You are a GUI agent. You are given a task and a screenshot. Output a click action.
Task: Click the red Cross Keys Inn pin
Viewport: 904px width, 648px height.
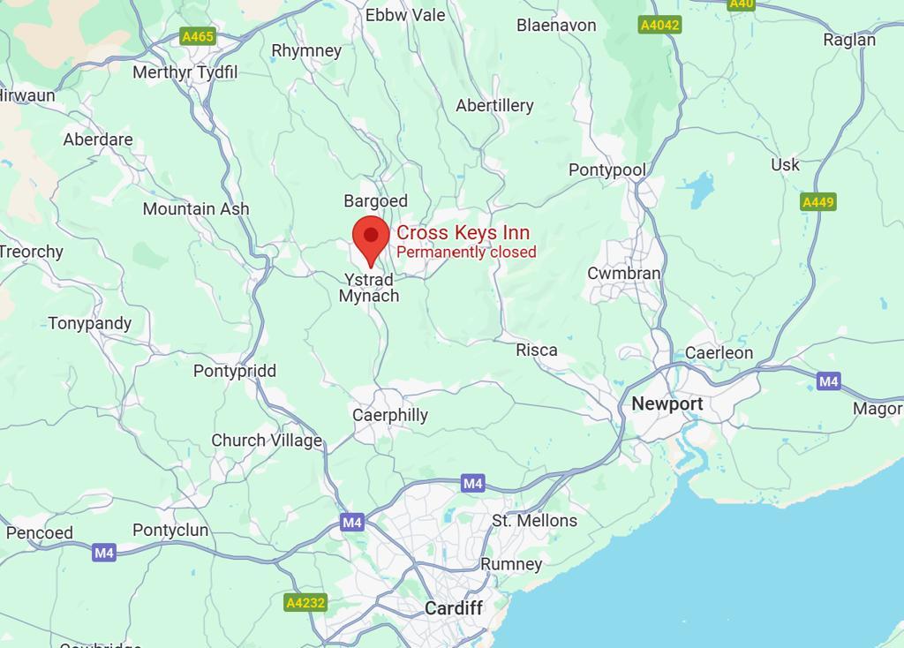[371, 237]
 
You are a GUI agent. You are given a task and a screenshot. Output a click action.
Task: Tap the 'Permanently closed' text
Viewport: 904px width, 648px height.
[466, 252]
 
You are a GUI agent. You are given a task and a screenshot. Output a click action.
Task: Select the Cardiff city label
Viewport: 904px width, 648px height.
[453, 608]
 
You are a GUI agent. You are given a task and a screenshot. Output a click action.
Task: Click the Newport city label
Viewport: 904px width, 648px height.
[667, 404]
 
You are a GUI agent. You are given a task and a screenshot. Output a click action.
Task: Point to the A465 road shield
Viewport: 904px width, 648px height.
[197, 36]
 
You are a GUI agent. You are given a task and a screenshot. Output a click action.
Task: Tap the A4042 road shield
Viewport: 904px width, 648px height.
[659, 25]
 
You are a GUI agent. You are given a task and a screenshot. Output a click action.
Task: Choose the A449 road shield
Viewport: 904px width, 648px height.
[817, 202]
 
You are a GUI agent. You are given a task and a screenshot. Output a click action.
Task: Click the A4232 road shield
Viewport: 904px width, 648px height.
[305, 603]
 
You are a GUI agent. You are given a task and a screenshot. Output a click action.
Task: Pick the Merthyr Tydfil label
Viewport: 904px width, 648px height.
[185, 72]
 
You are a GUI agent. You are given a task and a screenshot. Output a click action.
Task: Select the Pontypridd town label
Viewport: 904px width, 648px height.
[235, 371]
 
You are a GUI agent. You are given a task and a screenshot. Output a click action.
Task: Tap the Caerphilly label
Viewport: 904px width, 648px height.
[390, 415]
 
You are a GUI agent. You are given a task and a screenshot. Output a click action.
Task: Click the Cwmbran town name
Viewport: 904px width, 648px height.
[624, 274]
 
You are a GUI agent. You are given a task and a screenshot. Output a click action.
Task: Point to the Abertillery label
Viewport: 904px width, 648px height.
[494, 106]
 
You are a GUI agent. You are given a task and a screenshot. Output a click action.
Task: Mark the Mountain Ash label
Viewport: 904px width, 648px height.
[196, 209]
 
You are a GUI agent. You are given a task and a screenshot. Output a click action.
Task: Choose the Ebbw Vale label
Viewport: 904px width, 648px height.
[405, 15]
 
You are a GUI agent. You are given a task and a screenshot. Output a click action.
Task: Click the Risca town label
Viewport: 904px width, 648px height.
[537, 350]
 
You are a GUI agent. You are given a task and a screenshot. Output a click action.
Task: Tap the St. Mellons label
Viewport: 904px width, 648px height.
[534, 521]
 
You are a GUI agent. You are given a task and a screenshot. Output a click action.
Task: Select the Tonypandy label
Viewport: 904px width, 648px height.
[90, 323]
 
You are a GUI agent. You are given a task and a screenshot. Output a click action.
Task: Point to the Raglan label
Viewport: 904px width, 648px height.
[849, 40]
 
